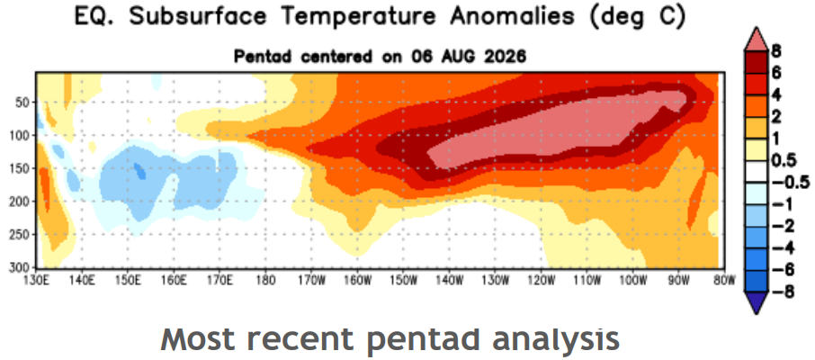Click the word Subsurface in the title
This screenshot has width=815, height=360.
(x=202, y=17)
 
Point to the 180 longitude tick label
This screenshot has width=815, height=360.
(x=265, y=281)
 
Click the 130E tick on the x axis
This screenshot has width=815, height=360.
(x=37, y=281)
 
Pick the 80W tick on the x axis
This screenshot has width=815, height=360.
(x=724, y=281)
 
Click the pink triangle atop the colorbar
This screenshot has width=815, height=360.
(x=756, y=41)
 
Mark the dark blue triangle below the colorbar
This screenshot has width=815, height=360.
(x=756, y=303)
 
